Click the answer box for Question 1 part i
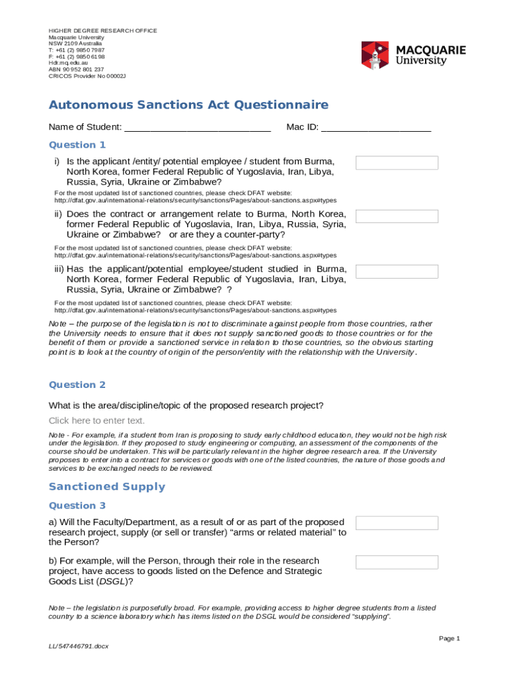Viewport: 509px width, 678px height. pos(397,163)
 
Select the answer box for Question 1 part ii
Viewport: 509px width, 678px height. pos(397,217)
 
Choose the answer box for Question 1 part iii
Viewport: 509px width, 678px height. pos(397,271)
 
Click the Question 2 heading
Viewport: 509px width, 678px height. pos(77,385)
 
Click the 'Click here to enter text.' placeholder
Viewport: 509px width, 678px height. pos(97,420)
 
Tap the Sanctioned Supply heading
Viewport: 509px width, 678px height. pos(107,487)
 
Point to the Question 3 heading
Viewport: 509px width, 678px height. pos(77,506)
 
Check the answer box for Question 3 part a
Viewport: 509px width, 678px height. pos(397,523)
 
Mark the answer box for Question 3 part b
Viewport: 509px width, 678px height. pos(397,562)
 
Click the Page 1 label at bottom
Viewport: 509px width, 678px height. pos(449,638)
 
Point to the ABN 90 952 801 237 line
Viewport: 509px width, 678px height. pos(76,70)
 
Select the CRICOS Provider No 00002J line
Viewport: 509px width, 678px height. pos(87,76)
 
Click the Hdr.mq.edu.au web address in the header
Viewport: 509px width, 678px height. pos(67,63)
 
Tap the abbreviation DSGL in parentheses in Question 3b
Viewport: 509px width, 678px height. pos(108,581)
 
